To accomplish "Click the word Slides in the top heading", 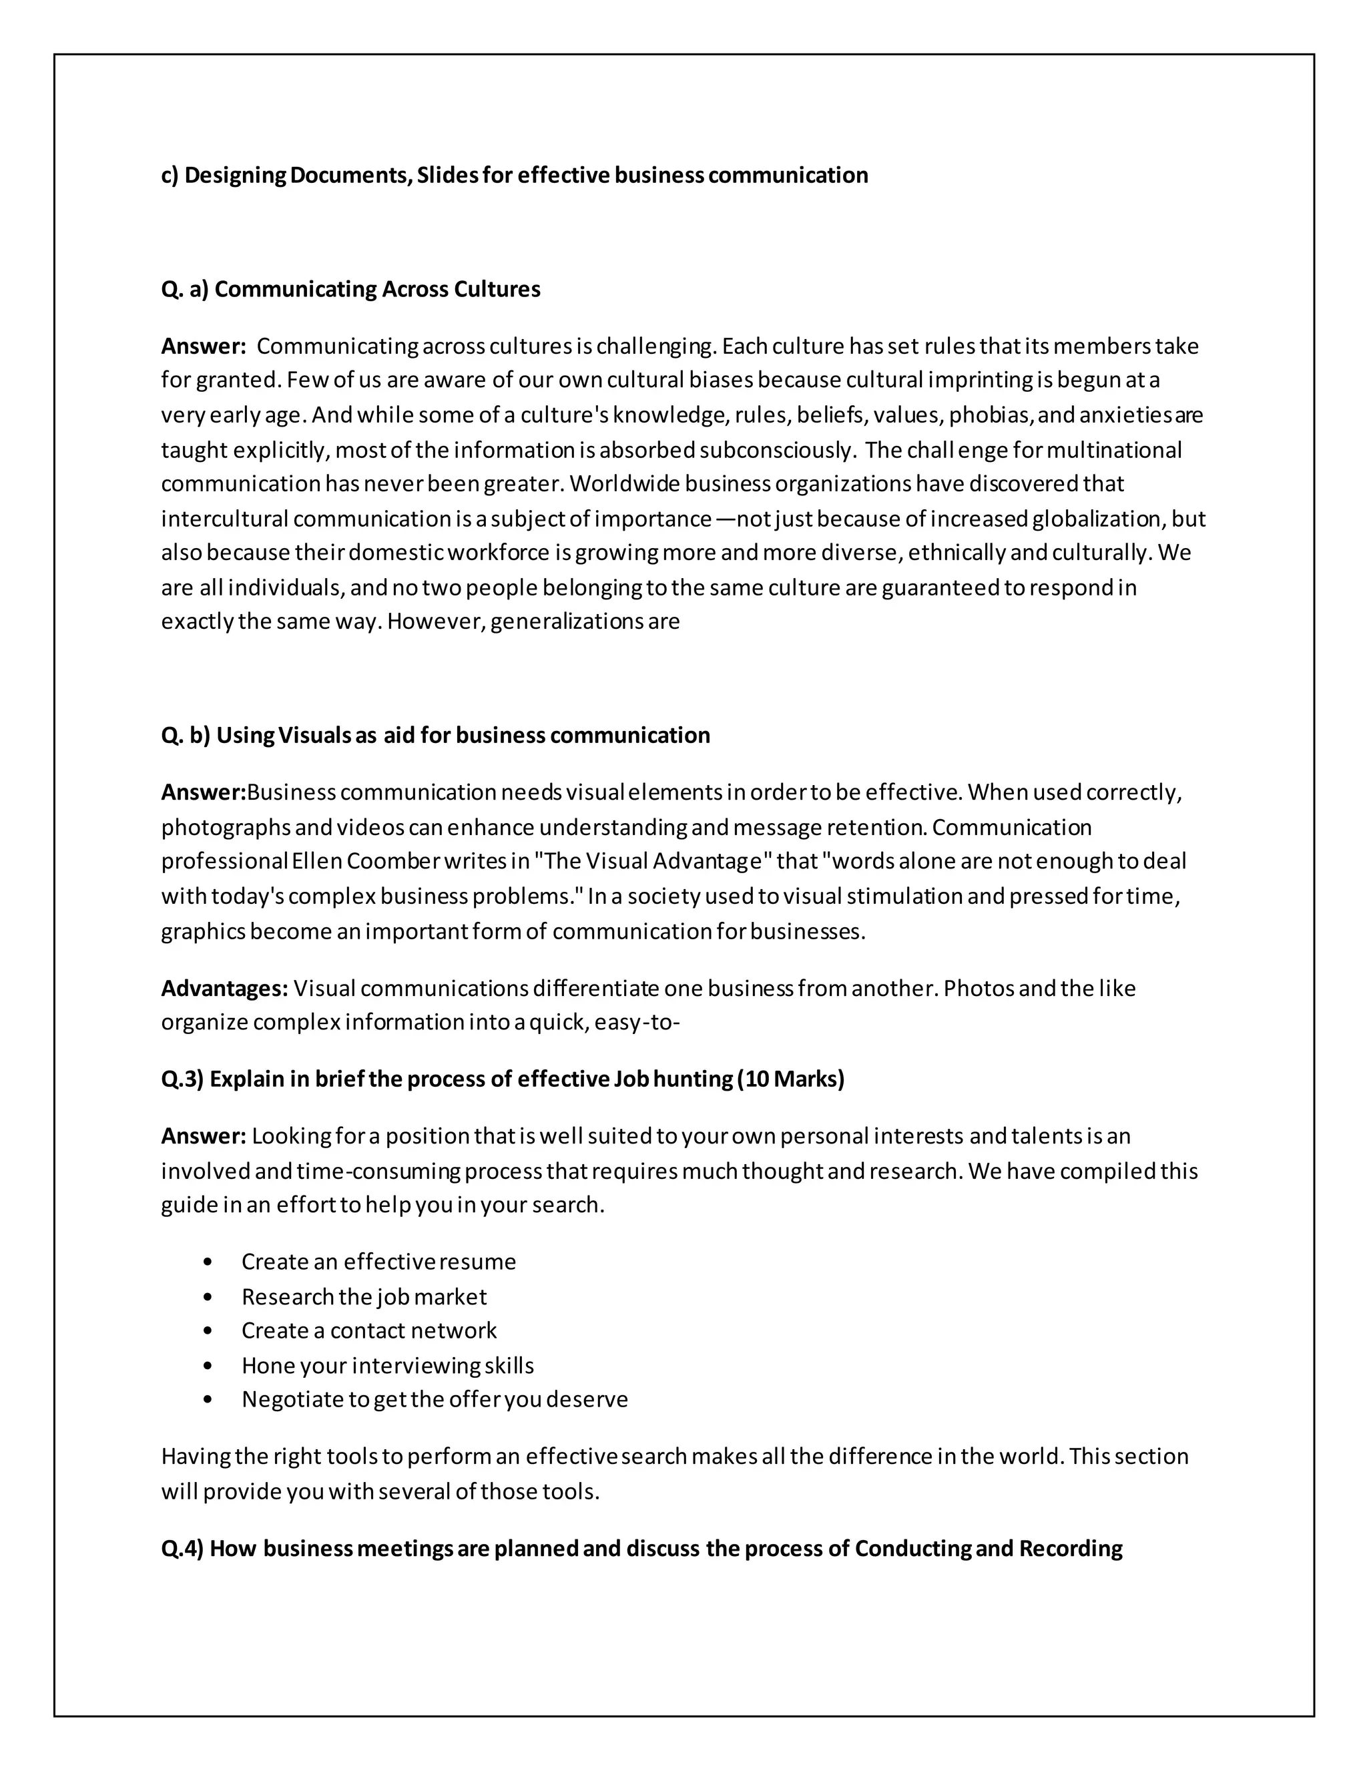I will click(x=447, y=175).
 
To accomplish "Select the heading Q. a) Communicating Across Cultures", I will click(x=350, y=289).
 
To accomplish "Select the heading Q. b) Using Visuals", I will click(x=435, y=735).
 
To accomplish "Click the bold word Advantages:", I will click(x=224, y=988).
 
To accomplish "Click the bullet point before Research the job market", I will click(x=208, y=1297).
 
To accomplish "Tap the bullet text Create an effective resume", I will click(x=378, y=1261).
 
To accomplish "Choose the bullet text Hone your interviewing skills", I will click(x=387, y=1366).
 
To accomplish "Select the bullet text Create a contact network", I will click(x=368, y=1331).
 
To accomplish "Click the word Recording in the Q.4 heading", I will click(x=1070, y=1549).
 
